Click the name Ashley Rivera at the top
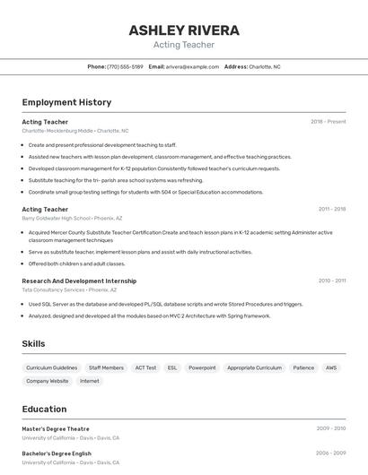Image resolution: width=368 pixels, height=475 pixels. pyautogui.click(x=184, y=30)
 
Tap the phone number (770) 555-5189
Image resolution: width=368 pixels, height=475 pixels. pyautogui.click(x=125, y=66)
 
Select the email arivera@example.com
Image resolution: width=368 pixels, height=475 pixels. pyautogui.click(x=192, y=66)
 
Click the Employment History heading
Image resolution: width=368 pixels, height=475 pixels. pyautogui.click(x=66, y=102)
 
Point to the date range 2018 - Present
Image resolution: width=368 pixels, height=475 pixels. pyautogui.click(x=328, y=122)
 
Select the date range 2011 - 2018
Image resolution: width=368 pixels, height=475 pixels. pyautogui.click(x=331, y=209)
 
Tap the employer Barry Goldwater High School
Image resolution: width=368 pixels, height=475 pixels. pyautogui.click(x=56, y=218)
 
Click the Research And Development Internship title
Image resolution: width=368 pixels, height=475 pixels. pyautogui.click(x=79, y=281)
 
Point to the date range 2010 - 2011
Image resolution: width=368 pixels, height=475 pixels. pyautogui.click(x=331, y=281)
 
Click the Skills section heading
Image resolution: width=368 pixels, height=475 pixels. pyautogui.click(x=34, y=344)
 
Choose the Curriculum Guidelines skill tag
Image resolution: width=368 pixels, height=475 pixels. pyautogui.click(x=51, y=367)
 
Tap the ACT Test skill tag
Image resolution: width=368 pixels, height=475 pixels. pyautogui.click(x=145, y=367)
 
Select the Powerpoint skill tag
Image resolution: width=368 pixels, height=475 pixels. pyautogui.click(x=202, y=367)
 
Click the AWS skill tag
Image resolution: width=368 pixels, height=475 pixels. pyautogui.click(x=331, y=367)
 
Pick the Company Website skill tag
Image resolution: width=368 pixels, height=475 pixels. pyautogui.click(x=47, y=381)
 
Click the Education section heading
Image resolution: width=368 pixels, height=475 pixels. pyautogui.click(x=44, y=409)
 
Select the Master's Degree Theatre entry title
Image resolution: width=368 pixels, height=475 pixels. pyautogui.click(x=56, y=428)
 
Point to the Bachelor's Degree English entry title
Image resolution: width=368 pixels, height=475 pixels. pyautogui.click(x=57, y=453)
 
